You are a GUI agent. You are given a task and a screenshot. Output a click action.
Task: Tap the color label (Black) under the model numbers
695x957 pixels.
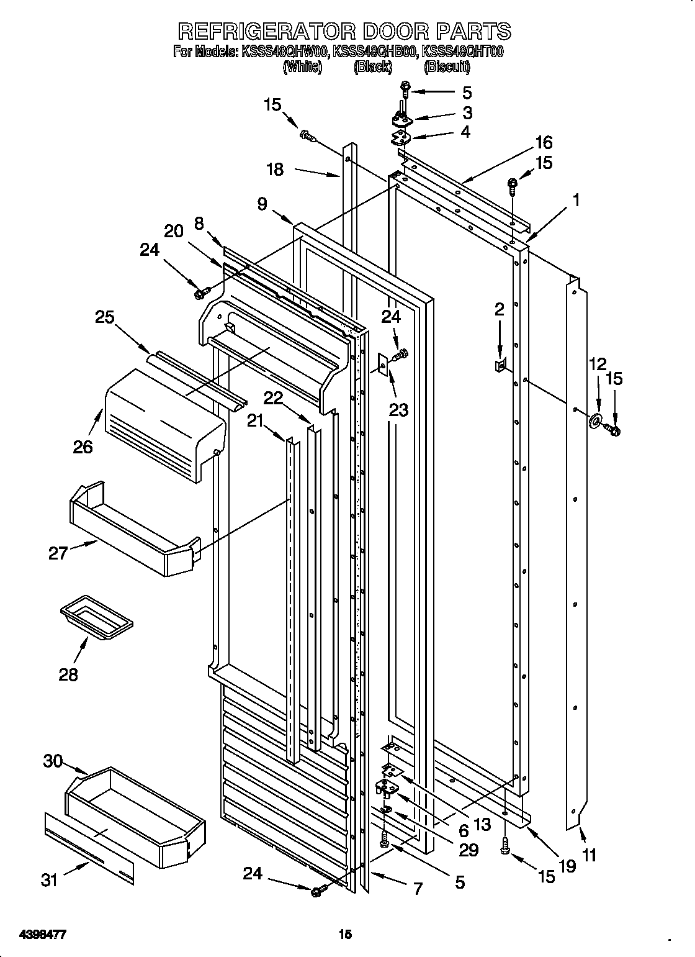point(372,68)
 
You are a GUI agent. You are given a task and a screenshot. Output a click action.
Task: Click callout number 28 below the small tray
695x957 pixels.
point(68,674)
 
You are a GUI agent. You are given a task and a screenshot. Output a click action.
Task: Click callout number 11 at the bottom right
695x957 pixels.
point(589,855)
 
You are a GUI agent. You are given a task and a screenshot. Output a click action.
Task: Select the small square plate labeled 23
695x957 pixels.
point(383,365)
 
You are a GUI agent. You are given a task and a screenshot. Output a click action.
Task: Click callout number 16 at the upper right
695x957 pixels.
point(544,142)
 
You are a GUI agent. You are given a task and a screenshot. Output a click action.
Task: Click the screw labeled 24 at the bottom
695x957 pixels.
point(318,892)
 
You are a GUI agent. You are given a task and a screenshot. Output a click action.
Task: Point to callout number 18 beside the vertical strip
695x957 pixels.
point(275,170)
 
